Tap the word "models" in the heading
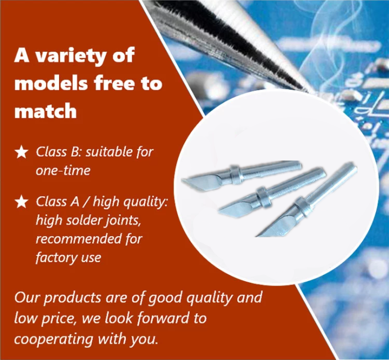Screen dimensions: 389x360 pyautogui.click(x=51, y=83)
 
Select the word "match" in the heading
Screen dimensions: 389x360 pyautogui.click(x=46, y=111)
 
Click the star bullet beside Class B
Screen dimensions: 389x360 pyautogui.click(x=21, y=152)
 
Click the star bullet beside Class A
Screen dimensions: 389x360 pyautogui.click(x=21, y=201)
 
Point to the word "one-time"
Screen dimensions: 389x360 pyautogui.click(x=63, y=170)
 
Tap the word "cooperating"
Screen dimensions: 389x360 pyautogui.click(x=53, y=339)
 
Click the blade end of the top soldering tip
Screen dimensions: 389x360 pyautogui.click(x=185, y=181)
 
